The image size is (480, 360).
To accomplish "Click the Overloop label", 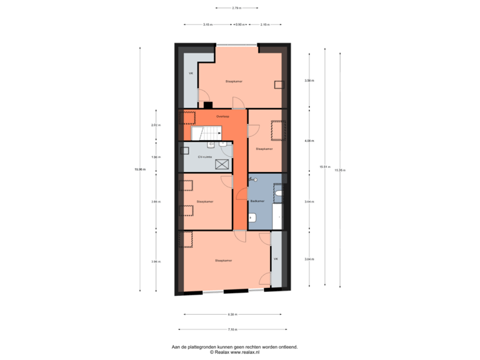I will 223,115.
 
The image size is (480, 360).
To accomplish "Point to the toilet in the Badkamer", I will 279,194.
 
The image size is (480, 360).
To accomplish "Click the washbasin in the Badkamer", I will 253,217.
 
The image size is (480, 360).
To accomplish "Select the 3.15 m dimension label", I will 207,24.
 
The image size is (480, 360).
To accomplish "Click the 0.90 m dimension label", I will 239,24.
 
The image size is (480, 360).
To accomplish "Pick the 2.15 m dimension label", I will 264,24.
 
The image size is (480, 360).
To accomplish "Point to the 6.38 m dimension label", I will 231,314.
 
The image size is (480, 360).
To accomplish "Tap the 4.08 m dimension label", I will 309,141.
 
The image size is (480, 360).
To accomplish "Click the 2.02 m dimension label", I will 153,125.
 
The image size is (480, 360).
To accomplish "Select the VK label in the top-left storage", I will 191,73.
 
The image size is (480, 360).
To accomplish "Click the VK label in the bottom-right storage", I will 275,258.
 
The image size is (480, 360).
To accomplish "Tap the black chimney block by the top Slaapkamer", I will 208,104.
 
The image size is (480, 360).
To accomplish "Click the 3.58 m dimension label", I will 309,81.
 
